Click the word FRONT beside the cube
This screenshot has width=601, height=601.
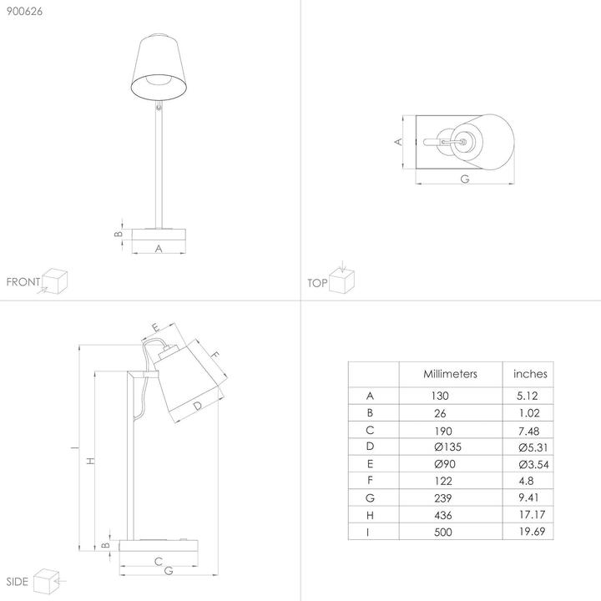tap(23, 282)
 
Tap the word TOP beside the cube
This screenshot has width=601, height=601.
tap(316, 283)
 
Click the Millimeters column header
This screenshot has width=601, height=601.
tap(450, 374)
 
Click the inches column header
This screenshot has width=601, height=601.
tap(530, 374)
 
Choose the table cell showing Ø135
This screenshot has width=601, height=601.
tap(447, 447)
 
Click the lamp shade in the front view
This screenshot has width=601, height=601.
tap(159, 63)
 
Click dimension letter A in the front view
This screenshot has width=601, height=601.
tap(159, 248)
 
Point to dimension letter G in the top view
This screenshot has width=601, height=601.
tap(464, 179)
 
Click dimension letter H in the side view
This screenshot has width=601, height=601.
tap(91, 460)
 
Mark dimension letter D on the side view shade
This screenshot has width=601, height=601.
tap(197, 407)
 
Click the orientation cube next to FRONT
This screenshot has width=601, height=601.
tap(54, 280)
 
